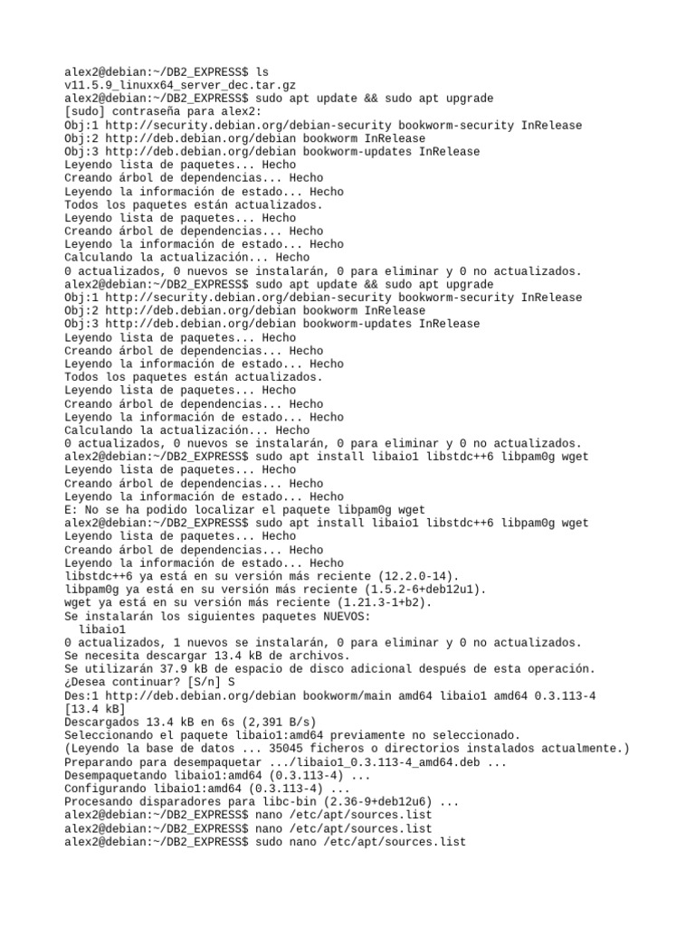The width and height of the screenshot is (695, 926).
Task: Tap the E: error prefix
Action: click(71, 510)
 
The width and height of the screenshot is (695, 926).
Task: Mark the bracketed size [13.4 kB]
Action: click(95, 708)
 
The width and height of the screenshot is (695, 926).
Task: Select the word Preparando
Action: click(99, 761)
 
